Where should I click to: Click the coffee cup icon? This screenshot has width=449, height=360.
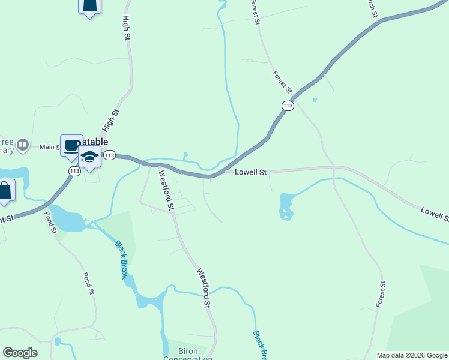(71, 145)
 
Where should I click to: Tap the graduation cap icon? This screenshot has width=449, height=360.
(90, 157)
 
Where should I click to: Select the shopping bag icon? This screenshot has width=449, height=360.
(5, 191)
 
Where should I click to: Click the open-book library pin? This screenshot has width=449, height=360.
(23, 145)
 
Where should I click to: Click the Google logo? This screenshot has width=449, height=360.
(20, 353)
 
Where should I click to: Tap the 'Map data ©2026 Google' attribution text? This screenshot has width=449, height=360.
(411, 355)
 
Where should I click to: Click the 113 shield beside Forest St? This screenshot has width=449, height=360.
(287, 106)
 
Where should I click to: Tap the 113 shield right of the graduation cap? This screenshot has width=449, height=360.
(109, 155)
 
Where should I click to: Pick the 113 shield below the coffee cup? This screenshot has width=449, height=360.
(74, 172)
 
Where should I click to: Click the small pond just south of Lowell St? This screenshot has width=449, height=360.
(286, 206)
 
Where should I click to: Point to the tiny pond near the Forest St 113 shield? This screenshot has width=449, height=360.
(315, 100)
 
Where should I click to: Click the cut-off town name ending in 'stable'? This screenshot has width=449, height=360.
(94, 142)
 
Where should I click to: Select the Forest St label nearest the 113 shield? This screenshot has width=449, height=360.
(282, 82)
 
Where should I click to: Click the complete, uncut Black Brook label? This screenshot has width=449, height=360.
(121, 260)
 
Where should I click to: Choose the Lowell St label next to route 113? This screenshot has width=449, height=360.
(250, 172)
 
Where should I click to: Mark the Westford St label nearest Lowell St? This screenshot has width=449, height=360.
(166, 190)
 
